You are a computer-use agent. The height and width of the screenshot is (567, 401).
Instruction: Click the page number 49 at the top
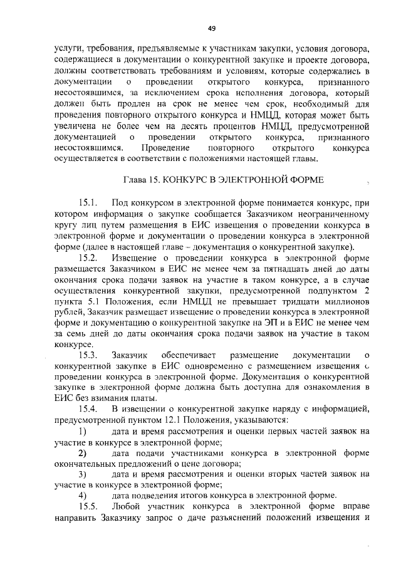(x=211, y=28)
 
